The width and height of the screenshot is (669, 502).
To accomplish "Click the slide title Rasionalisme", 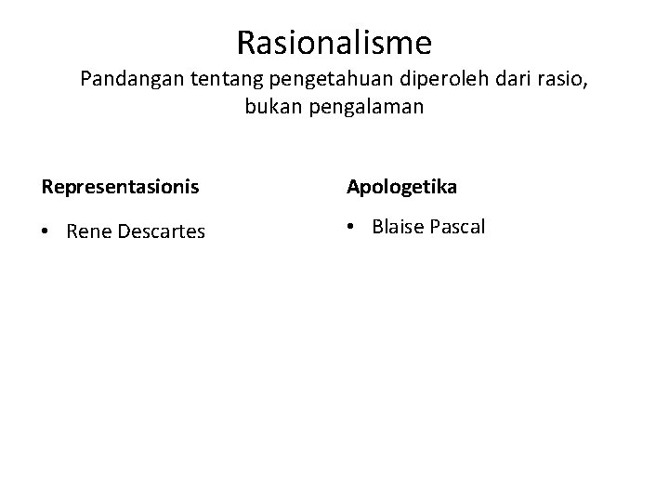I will click(334, 43).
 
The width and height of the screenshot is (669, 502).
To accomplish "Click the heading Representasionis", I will click(120, 188).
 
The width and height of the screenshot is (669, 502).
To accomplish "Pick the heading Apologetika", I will click(401, 188).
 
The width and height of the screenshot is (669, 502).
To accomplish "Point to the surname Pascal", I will click(456, 227).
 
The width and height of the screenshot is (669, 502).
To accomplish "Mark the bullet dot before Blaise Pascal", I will click(352, 228).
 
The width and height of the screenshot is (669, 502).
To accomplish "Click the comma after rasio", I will click(584, 85).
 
